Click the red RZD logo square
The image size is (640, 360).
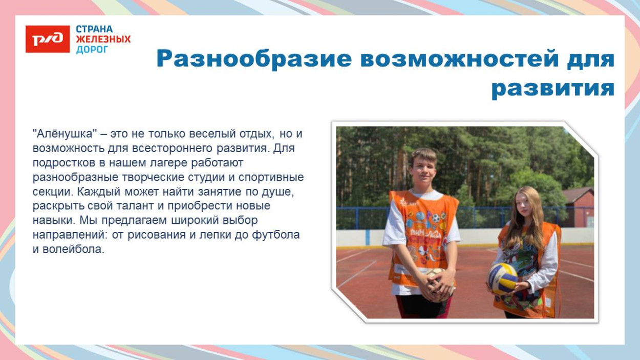48,39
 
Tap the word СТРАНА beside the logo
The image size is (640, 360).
94,29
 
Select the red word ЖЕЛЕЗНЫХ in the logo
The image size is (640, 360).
103,39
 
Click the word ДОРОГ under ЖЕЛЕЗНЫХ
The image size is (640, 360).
92,50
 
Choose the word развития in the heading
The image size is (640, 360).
552,89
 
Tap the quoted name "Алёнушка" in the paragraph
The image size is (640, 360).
65,134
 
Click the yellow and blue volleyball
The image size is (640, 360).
502,278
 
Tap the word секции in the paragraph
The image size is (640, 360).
49,192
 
